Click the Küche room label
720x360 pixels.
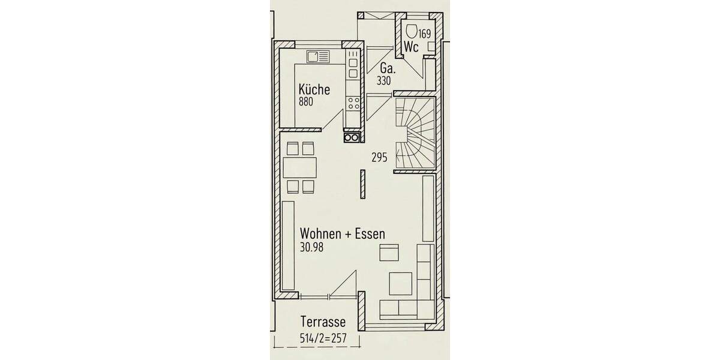pyautogui.click(x=314, y=90)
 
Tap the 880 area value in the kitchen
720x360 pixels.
pyautogui.click(x=306, y=102)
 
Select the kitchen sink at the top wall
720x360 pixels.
pyautogui.click(x=318, y=57)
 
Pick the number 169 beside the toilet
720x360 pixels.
pyautogui.click(x=425, y=34)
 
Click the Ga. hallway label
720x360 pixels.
pyautogui.click(x=386, y=68)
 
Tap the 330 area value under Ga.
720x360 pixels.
pyautogui.click(x=384, y=80)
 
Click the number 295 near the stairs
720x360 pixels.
pyautogui.click(x=379, y=158)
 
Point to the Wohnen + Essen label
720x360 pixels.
pyautogui.click(x=343, y=233)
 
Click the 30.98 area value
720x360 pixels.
pyautogui.click(x=311, y=246)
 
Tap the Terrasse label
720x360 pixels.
pyautogui.click(x=323, y=323)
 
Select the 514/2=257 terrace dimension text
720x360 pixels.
pyautogui.click(x=323, y=338)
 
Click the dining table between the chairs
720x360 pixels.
pyautogui.click(x=299, y=167)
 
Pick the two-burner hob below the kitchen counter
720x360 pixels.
pyautogui.click(x=352, y=138)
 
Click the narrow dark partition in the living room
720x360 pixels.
pyautogui.click(x=362, y=183)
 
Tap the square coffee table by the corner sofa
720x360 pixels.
pyautogui.click(x=400, y=283)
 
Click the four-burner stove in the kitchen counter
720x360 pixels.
pyautogui.click(x=353, y=103)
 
